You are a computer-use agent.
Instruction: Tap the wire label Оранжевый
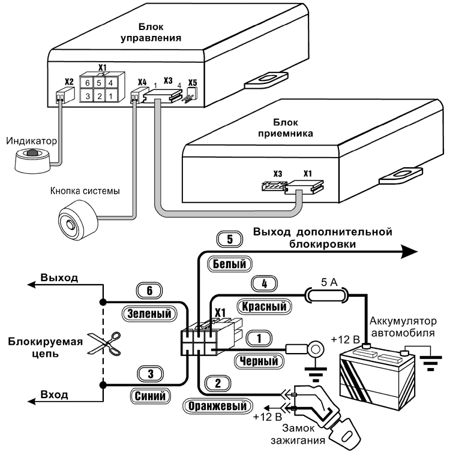tap(217, 406)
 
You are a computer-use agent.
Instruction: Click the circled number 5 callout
tap(229, 240)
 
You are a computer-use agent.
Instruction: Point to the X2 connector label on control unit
tap(69, 82)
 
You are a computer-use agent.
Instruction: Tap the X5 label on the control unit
tap(192, 82)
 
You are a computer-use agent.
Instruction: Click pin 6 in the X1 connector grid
tap(88, 82)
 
